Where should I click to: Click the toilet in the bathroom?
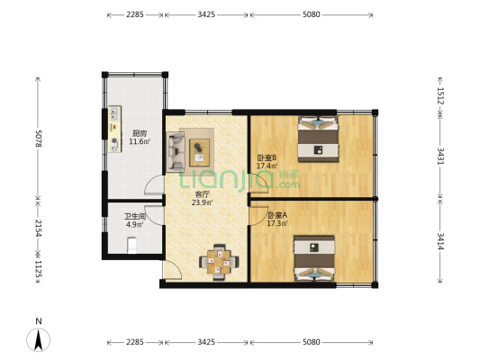click(x=132, y=246)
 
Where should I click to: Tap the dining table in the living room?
click(x=219, y=262)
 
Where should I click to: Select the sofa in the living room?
click(x=176, y=151)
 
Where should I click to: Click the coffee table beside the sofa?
click(x=200, y=152)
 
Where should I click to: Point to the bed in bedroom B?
click(x=319, y=139)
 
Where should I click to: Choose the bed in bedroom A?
click(x=314, y=258)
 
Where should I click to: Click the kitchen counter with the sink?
click(x=114, y=129)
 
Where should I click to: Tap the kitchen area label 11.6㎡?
click(x=140, y=141)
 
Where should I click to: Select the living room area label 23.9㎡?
click(x=202, y=202)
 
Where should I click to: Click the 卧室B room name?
click(x=267, y=158)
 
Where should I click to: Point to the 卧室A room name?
click(x=277, y=215)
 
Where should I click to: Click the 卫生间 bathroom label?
click(x=135, y=217)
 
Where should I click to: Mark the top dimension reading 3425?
click(x=206, y=14)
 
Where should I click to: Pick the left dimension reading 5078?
click(x=39, y=139)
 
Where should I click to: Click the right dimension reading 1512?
click(x=440, y=95)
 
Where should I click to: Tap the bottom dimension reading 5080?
click(x=312, y=342)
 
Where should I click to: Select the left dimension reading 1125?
click(x=39, y=268)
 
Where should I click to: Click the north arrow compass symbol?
click(x=38, y=339)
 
